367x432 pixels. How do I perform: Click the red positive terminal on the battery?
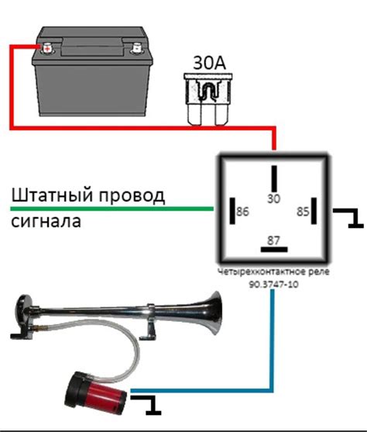tap(47, 48)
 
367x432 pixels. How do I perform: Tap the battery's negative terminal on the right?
tap(136, 48)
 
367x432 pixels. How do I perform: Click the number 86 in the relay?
tap(243, 212)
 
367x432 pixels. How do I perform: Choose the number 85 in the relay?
tap(304, 212)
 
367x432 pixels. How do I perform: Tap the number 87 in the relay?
tap(273, 240)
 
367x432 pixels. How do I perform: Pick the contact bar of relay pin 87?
tap(273, 251)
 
